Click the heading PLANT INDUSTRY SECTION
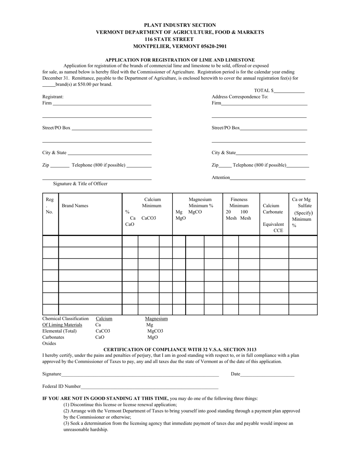click(x=180, y=25)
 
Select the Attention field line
click(x=267, y=178)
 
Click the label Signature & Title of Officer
click(x=80, y=184)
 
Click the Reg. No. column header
click(x=50, y=206)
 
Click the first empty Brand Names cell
click(x=90, y=241)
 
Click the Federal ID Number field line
click(x=149, y=387)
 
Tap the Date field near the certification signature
click(x=267, y=374)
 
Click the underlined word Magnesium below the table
click(x=156, y=319)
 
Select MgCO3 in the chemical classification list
click(x=155, y=331)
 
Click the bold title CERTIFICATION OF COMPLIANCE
click(x=180, y=349)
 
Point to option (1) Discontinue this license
click(x=120, y=405)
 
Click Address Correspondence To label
click(x=240, y=97)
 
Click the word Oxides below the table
click(x=49, y=343)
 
